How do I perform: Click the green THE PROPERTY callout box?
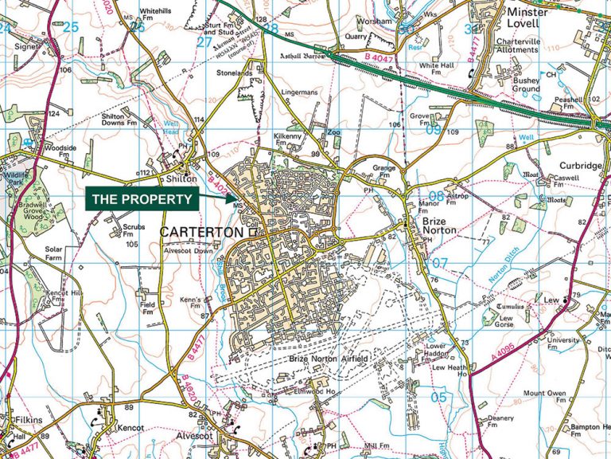(142, 199)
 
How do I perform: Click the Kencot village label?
(125, 428)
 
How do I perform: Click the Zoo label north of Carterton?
(333, 132)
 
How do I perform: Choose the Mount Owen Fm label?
(545, 393)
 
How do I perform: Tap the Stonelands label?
(234, 73)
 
